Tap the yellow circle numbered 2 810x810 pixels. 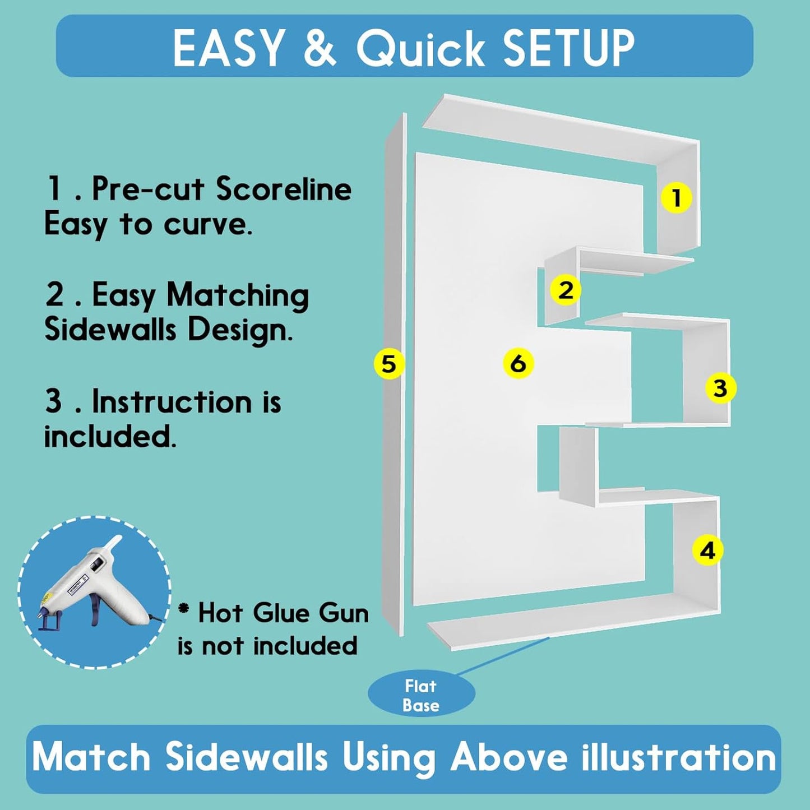pyautogui.click(x=566, y=290)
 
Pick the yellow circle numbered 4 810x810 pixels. pyautogui.click(x=709, y=550)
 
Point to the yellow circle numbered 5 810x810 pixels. pyautogui.click(x=389, y=364)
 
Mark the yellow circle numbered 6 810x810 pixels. pyautogui.click(x=519, y=363)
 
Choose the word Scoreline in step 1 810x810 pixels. pyautogui.click(x=284, y=189)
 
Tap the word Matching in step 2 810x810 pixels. pyautogui.click(x=238, y=297)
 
